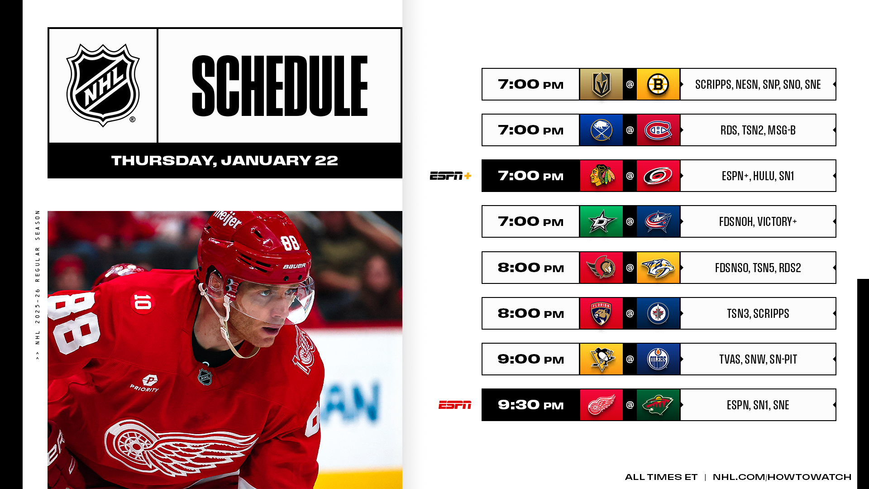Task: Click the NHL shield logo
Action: (103, 85)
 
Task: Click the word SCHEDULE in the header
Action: (280, 86)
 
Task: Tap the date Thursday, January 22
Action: (224, 160)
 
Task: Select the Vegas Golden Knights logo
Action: (601, 84)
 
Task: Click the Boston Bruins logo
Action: (658, 84)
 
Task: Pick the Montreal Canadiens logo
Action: (658, 130)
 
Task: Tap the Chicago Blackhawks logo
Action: (601, 176)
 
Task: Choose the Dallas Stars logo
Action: (601, 221)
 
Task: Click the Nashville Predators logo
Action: (658, 268)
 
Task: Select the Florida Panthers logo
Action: (601, 313)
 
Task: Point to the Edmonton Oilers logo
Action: (658, 359)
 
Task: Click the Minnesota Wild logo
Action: (658, 405)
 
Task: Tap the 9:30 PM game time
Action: (531, 405)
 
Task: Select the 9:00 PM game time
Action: (531, 359)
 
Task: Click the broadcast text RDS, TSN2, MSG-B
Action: (758, 130)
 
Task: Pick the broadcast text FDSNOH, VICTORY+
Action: (758, 221)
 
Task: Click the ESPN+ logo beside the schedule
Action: (450, 176)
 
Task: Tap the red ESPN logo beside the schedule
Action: (455, 405)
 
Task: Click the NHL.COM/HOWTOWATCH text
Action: (782, 477)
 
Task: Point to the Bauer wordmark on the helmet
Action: (294, 266)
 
